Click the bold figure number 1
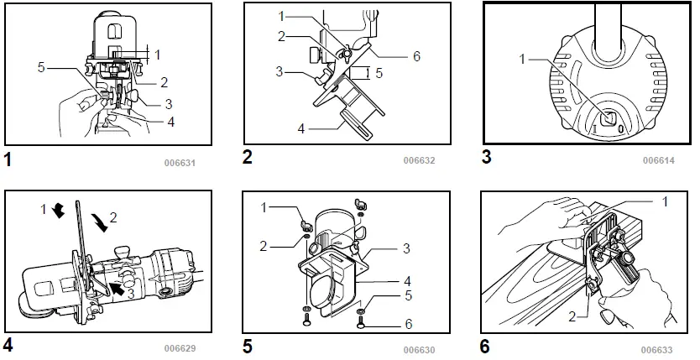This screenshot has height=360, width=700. click(x=9, y=158)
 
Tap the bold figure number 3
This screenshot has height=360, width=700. click(x=487, y=157)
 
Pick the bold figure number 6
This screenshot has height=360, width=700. click(x=486, y=345)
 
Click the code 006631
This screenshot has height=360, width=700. click(x=179, y=162)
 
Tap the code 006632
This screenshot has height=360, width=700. click(x=419, y=160)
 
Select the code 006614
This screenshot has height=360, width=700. click(x=659, y=160)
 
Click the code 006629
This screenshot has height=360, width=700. click(x=180, y=347)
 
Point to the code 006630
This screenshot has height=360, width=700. click(x=419, y=348)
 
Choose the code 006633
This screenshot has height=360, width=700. click(x=658, y=348)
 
